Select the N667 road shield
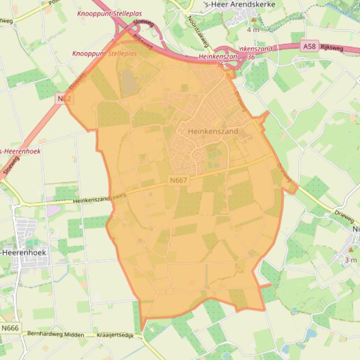(178, 180)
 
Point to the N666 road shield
(10, 328)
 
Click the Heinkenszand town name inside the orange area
(213, 131)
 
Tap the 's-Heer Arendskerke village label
(240, 4)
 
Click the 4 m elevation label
(253, 30)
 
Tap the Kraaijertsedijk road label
(115, 336)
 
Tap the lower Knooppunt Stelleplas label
(104, 54)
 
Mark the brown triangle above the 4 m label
(253, 20)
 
